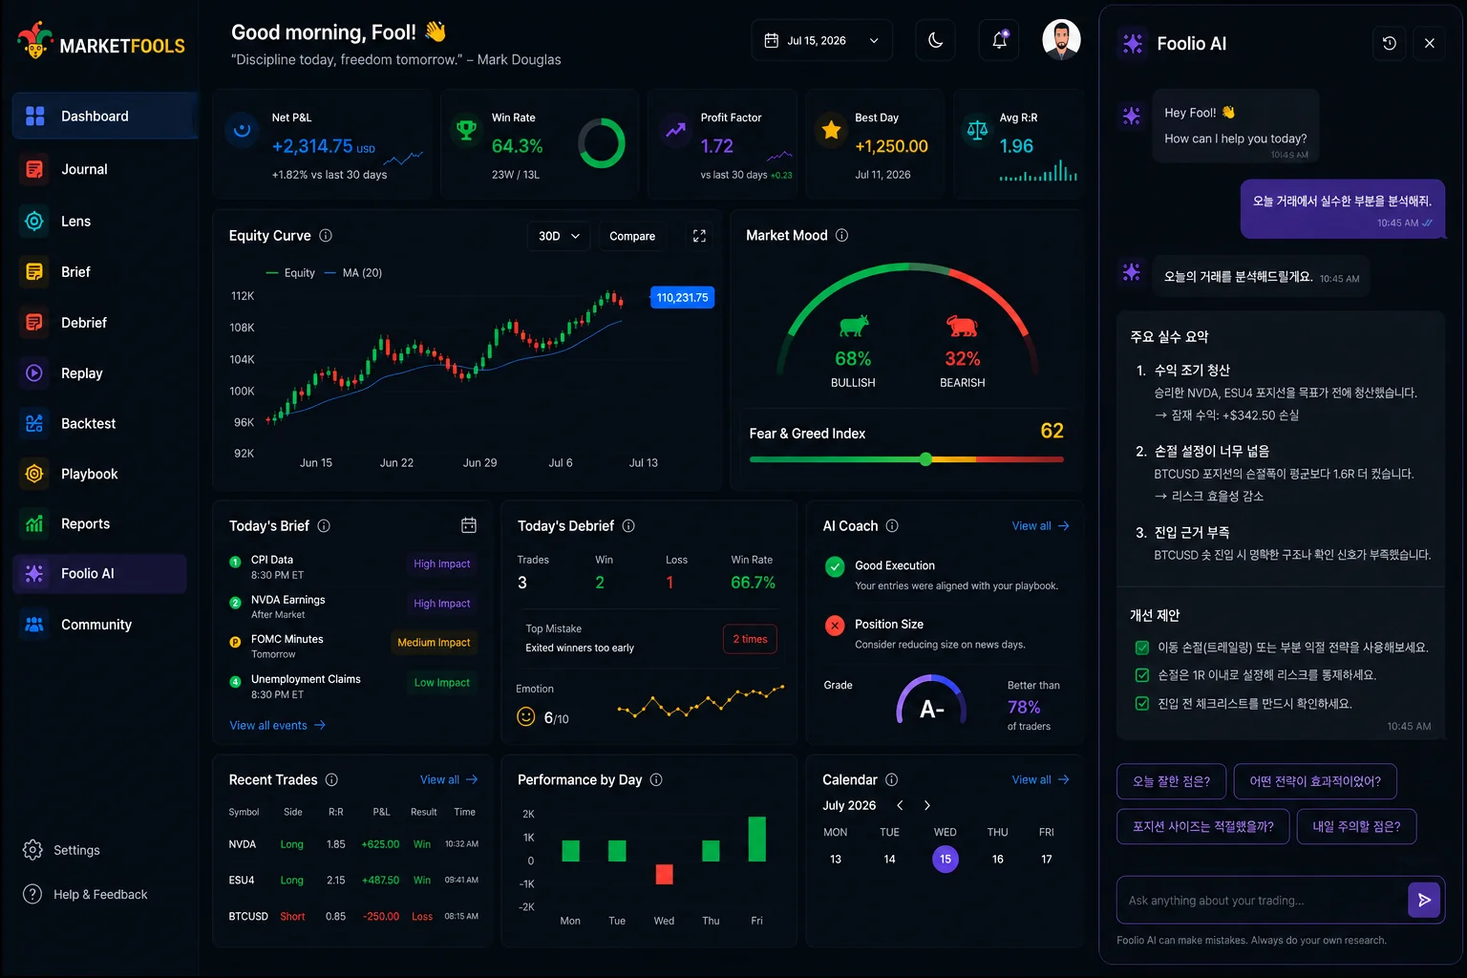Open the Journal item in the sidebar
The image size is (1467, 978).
pyautogui.click(x=83, y=169)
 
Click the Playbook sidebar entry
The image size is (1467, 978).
pyautogui.click(x=89, y=474)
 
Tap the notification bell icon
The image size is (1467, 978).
pyautogui.click(x=999, y=41)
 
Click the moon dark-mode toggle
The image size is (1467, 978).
pyautogui.click(x=935, y=41)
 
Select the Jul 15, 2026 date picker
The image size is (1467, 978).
pyautogui.click(x=822, y=41)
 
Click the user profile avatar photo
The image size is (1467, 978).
pyautogui.click(x=1061, y=40)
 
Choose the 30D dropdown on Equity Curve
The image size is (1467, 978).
pyautogui.click(x=559, y=236)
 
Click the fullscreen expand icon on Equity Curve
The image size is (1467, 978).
pyautogui.click(x=699, y=236)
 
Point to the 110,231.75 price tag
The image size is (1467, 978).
pyautogui.click(x=682, y=297)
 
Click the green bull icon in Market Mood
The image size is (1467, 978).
pyautogui.click(x=853, y=325)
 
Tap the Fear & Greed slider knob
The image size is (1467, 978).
pyautogui.click(x=925, y=459)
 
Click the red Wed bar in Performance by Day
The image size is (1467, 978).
pyautogui.click(x=664, y=874)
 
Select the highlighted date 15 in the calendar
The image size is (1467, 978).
pyautogui.click(x=945, y=859)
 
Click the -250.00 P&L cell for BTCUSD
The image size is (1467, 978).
pyautogui.click(x=381, y=916)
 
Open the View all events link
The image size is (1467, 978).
pyautogui.click(x=277, y=725)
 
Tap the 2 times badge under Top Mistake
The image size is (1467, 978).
pyautogui.click(x=750, y=639)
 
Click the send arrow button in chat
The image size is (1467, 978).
pyautogui.click(x=1424, y=900)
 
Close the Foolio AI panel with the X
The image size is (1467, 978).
pyautogui.click(x=1429, y=43)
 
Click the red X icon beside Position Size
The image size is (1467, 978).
pyautogui.click(x=835, y=626)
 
